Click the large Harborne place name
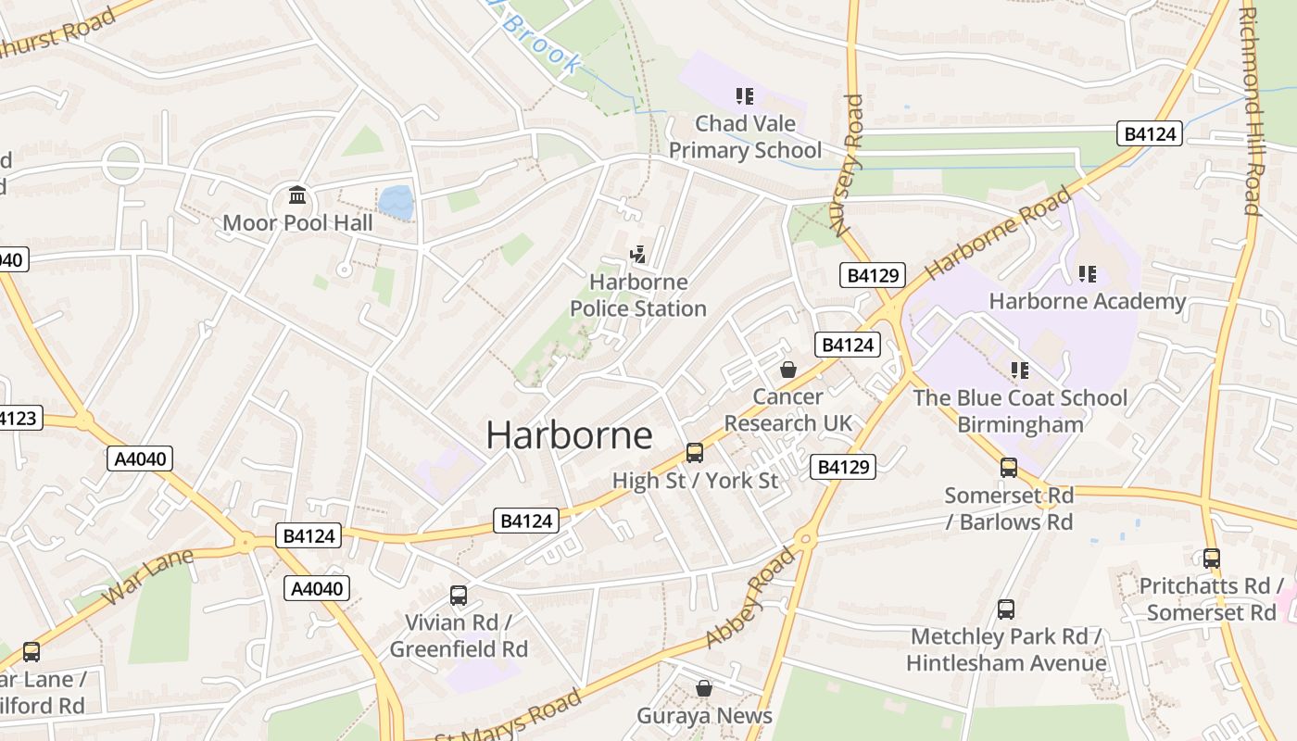pos(569,435)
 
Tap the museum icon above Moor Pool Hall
pos(297,195)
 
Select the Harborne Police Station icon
pos(637,255)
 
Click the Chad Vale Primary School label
pos(745,137)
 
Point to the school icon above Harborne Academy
pos(1087,274)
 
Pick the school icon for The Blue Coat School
pos(1020,370)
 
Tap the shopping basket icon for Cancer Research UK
pos(787,370)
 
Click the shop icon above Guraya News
pos(704,688)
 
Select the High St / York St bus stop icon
pos(695,453)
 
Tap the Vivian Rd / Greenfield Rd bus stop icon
pos(459,595)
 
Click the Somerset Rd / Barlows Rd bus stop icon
pos(1009,468)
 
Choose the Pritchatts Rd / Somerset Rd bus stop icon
pos(1211,559)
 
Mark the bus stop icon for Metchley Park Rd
pos(1006,609)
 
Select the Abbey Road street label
pos(750,597)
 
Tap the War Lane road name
pos(147,576)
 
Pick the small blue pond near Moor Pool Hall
pos(396,202)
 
